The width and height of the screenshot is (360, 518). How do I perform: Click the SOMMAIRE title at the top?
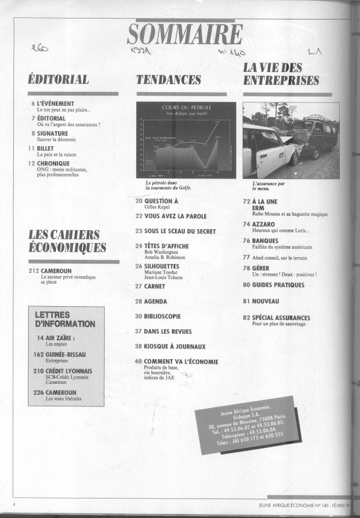point(185,36)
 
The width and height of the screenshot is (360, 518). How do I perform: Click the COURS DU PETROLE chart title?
point(186,108)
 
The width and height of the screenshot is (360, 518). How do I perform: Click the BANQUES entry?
point(265,240)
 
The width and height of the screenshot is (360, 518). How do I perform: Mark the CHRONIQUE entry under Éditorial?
point(53,163)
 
